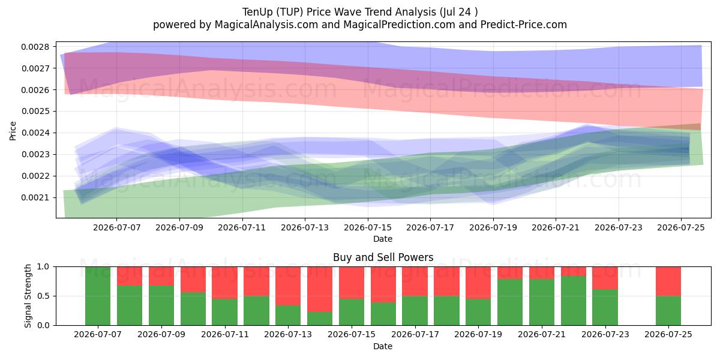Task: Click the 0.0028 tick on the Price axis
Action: click(35, 47)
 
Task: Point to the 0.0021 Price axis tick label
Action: click(35, 197)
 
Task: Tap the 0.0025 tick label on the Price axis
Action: click(35, 112)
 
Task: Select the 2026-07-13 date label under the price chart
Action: click(305, 227)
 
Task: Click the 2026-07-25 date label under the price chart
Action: click(681, 227)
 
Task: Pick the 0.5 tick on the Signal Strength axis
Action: click(43, 296)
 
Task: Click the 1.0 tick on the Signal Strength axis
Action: click(43, 267)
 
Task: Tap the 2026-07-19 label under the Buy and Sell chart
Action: click(478, 334)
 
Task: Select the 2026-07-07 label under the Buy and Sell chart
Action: click(98, 334)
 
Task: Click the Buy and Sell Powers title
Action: click(383, 257)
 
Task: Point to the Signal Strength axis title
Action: click(28, 296)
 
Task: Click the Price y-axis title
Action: click(13, 131)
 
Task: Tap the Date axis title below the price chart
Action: click(383, 239)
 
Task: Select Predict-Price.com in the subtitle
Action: click(524, 25)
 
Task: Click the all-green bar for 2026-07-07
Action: click(98, 296)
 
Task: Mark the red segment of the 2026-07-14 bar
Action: click(320, 289)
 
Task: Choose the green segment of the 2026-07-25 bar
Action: click(668, 311)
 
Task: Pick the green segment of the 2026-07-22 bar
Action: click(574, 301)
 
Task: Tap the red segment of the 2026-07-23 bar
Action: click(605, 278)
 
